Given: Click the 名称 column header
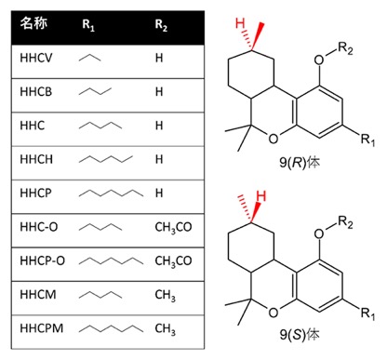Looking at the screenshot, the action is pos(33,23).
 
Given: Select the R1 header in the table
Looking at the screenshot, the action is pos(88,25).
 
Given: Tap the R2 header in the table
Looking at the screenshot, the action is pos(161,25).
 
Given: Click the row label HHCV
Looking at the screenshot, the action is pos(36,58).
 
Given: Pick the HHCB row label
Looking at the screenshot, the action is pos(36,92).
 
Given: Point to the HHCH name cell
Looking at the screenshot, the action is pos(36,159).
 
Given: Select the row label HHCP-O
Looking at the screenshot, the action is pos(43,260).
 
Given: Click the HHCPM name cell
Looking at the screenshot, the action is pos(42,328).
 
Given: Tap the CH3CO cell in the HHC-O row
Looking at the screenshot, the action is pos(173,228).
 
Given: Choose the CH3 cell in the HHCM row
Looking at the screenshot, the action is pos(166,295).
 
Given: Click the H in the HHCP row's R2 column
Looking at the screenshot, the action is pos(159,193).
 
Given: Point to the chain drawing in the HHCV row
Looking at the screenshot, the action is pos(90,58).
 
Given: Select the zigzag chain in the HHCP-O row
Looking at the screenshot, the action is pos(111,260).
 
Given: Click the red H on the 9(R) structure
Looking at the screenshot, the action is pos(240,23).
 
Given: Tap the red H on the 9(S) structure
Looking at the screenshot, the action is pos(261,196).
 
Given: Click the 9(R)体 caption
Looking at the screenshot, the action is pos(300,163).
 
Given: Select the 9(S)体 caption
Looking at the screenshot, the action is pos(300,335).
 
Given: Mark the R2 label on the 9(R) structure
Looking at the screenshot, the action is pos(345,48).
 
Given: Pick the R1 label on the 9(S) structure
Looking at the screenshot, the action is pos(367,313).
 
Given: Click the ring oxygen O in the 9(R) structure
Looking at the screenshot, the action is pos(274,139).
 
